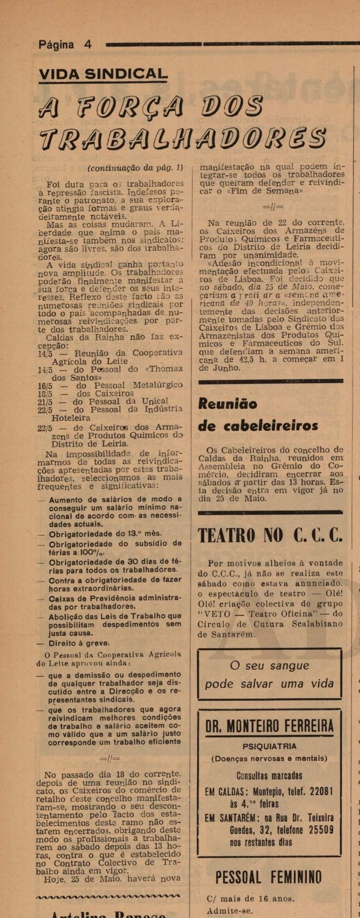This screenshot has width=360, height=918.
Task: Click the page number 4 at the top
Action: (x=88, y=44)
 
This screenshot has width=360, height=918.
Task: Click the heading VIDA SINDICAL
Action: (x=103, y=74)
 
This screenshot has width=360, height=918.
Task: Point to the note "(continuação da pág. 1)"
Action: (x=135, y=167)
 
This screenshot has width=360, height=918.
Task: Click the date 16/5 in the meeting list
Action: (x=45, y=385)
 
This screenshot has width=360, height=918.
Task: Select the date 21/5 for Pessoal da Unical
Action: (x=45, y=401)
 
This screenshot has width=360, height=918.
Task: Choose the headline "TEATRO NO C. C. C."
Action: (x=270, y=535)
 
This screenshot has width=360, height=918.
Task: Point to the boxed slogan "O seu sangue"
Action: (x=269, y=665)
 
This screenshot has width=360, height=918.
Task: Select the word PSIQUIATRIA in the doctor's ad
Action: (x=269, y=747)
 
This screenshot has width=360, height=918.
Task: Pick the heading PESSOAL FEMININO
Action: (x=268, y=877)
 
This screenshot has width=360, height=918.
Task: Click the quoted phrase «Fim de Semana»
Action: (x=269, y=191)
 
